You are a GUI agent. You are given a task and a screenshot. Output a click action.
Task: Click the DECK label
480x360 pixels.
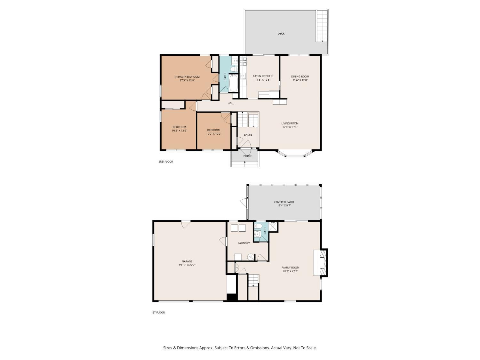[x=281, y=34]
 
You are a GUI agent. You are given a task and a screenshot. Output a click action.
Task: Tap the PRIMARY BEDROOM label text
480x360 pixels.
[x=187, y=77]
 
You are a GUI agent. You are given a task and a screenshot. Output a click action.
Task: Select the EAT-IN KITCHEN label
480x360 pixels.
[x=263, y=76]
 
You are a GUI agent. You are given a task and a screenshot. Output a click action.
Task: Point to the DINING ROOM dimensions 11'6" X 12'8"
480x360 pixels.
[x=300, y=80]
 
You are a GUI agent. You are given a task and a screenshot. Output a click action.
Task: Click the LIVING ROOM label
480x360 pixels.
[x=290, y=124]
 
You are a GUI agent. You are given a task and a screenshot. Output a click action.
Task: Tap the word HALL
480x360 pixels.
[x=231, y=104]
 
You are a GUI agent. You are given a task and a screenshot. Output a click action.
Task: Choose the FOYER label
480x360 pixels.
[x=248, y=135]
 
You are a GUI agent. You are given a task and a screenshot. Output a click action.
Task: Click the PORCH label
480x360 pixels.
[x=248, y=156]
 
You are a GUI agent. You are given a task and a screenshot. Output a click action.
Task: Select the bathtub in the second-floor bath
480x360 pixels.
[x=233, y=83]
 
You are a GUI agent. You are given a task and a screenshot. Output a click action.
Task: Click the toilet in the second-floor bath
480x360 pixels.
[x=234, y=69]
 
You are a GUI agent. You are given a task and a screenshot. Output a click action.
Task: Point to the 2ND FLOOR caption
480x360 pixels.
[x=165, y=162]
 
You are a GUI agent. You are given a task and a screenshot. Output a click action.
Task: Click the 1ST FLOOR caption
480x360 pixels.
[x=158, y=313]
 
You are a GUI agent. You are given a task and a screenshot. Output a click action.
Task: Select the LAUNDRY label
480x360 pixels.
[x=244, y=243]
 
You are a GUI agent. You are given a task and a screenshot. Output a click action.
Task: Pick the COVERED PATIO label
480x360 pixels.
[x=284, y=202]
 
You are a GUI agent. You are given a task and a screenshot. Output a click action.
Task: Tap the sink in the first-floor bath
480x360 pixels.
[x=258, y=234]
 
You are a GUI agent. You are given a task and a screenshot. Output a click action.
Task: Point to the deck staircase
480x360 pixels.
[x=322, y=26]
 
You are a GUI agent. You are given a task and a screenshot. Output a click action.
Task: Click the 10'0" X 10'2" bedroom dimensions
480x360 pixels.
[x=214, y=134]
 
